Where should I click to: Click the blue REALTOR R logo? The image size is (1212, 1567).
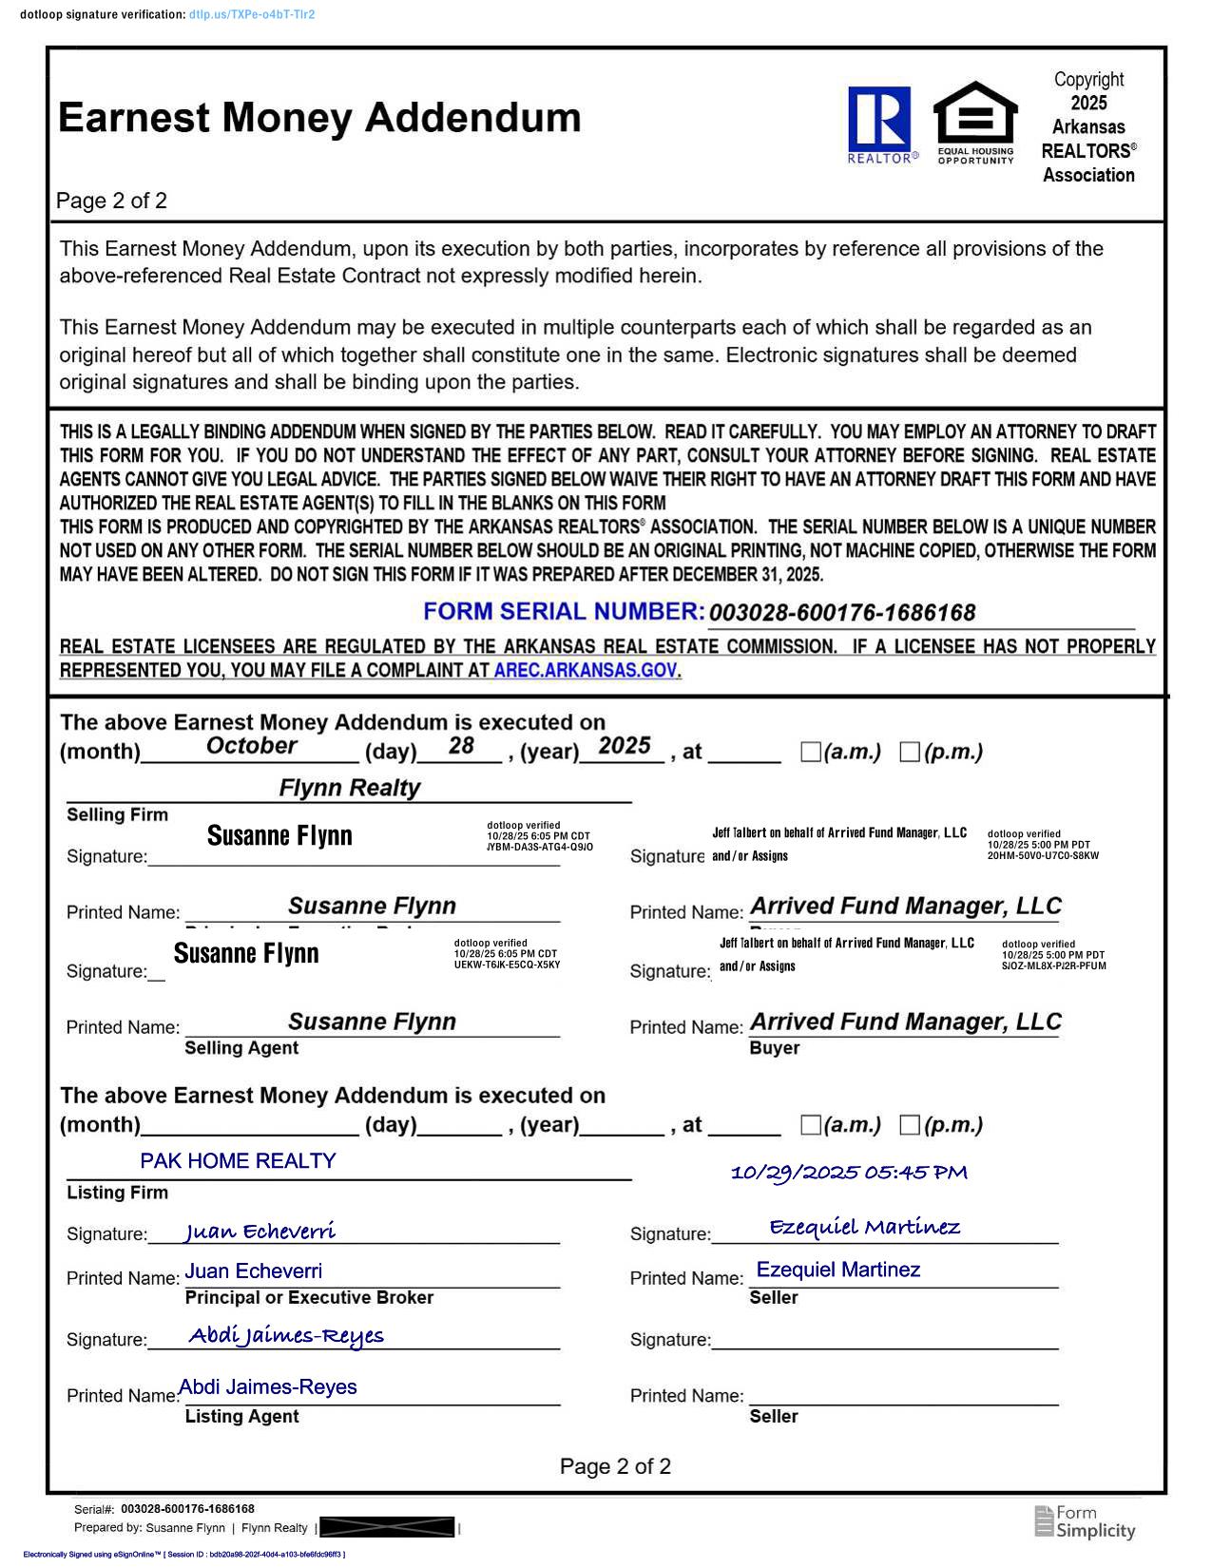(879, 121)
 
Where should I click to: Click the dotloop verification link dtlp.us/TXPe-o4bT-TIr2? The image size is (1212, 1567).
(252, 15)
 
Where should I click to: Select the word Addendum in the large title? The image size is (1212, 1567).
(472, 118)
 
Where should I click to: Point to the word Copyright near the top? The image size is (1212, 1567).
(1088, 80)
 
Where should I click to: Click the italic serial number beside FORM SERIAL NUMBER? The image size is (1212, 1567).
(842, 613)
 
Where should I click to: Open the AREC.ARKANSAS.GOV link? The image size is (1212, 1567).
(586, 670)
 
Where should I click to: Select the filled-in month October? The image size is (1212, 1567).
(251, 746)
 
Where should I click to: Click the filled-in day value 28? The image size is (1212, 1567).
(461, 746)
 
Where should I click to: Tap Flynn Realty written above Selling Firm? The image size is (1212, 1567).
(349, 788)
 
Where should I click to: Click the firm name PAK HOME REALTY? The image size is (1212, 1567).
(238, 1160)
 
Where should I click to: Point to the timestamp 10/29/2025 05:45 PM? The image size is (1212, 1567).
(849, 1173)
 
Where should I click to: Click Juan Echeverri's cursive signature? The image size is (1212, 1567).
(260, 1232)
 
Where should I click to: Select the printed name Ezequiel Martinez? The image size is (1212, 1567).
(837, 1270)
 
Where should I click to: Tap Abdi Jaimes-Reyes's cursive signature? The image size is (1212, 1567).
(286, 1335)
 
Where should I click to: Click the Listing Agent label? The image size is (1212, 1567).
(241, 1416)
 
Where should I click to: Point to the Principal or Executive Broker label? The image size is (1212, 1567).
(309, 1297)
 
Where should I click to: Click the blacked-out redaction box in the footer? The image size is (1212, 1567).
(387, 1527)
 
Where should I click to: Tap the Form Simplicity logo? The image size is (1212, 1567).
(1085, 1521)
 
